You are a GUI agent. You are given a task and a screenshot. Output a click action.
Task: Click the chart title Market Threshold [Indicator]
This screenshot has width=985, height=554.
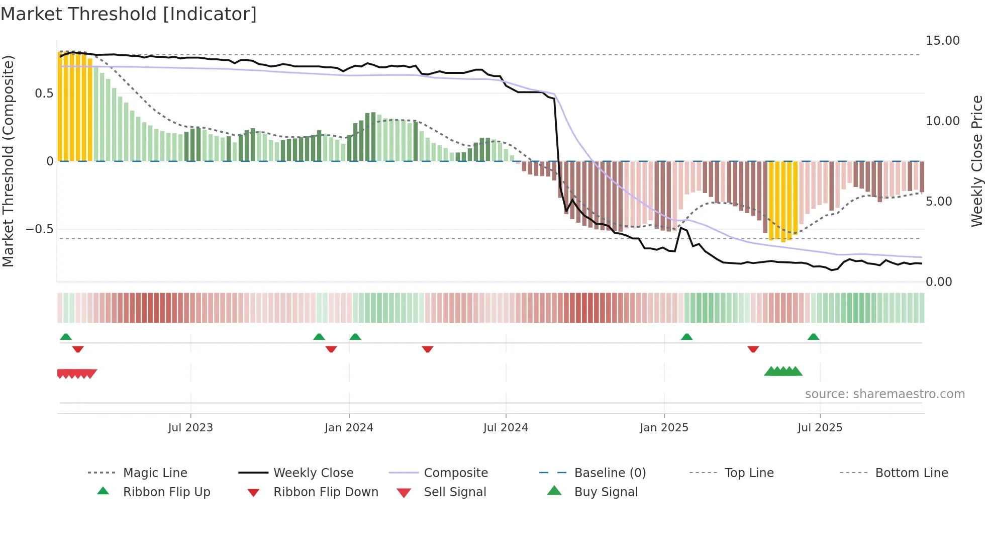129,14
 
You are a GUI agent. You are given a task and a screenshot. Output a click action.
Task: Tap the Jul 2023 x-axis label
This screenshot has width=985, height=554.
190,428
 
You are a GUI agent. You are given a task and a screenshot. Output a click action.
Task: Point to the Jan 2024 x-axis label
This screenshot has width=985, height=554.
349,428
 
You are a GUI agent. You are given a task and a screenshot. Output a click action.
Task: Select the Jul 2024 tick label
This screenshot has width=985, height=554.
506,428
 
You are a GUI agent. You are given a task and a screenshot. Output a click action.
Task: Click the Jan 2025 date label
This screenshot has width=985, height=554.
664,428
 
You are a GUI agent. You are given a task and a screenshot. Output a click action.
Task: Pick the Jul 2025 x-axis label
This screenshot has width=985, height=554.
820,428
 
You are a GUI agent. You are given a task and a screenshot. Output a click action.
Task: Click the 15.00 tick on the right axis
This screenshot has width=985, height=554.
942,41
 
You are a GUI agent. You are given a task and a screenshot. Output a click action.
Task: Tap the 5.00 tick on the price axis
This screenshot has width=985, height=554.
939,202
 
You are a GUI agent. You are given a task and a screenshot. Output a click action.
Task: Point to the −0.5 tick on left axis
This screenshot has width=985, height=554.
39,229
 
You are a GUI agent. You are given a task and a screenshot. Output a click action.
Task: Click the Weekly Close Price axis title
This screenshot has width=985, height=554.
976,161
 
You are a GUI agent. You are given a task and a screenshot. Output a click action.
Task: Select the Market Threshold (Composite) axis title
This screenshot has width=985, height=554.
8,161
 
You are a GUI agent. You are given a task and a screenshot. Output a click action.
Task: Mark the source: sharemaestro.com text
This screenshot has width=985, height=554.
884,394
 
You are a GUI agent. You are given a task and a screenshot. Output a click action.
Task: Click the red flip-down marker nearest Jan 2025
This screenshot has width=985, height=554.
753,349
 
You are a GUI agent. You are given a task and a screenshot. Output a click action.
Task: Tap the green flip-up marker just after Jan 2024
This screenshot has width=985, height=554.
355,337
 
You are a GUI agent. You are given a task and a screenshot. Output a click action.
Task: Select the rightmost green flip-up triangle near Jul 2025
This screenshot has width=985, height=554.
814,337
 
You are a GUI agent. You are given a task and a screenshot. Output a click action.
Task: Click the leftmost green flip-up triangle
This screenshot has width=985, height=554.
66,337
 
